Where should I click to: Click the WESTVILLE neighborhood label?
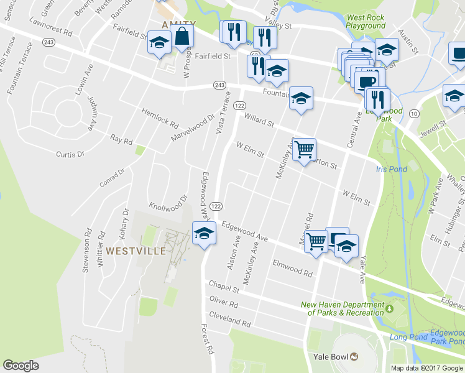pyautogui.click(x=136, y=251)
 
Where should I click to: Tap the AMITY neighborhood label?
pyautogui.click(x=178, y=24)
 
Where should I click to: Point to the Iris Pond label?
pyautogui.click(x=392, y=169)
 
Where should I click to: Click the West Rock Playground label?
pyautogui.click(x=366, y=22)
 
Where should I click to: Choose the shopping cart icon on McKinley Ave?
pyautogui.click(x=304, y=149)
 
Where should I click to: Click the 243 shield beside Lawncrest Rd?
pyautogui.click(x=49, y=42)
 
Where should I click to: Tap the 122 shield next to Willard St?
pyautogui.click(x=239, y=106)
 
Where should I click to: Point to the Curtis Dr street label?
pyautogui.click(x=70, y=154)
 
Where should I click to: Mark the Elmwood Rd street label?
pyautogui.click(x=292, y=268)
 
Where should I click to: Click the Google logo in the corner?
pyautogui.click(x=21, y=366)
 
